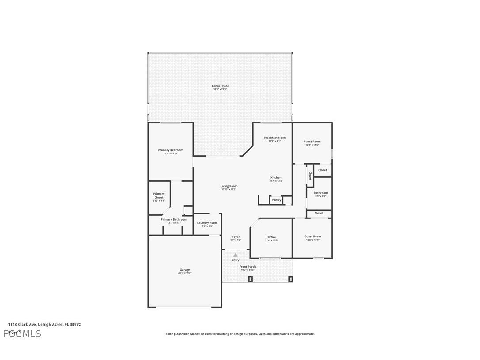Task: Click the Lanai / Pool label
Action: click(x=220, y=86)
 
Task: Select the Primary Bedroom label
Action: click(x=170, y=150)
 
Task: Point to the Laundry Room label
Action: click(x=207, y=223)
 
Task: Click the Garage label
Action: click(x=184, y=270)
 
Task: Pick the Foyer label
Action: click(x=236, y=237)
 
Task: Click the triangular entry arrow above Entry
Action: click(x=236, y=255)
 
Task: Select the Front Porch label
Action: click(x=248, y=267)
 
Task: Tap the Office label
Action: click(x=271, y=237)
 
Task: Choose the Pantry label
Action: click(x=276, y=200)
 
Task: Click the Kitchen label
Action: click(x=276, y=178)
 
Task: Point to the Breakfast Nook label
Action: click(x=274, y=138)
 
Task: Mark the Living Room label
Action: click(x=229, y=186)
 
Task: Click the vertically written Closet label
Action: click(x=310, y=176)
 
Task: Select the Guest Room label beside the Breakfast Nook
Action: click(x=312, y=142)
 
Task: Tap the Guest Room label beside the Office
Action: click(x=312, y=237)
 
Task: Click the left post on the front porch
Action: click(x=250, y=279)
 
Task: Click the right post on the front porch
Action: click(x=290, y=279)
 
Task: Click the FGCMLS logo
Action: click(x=22, y=333)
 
